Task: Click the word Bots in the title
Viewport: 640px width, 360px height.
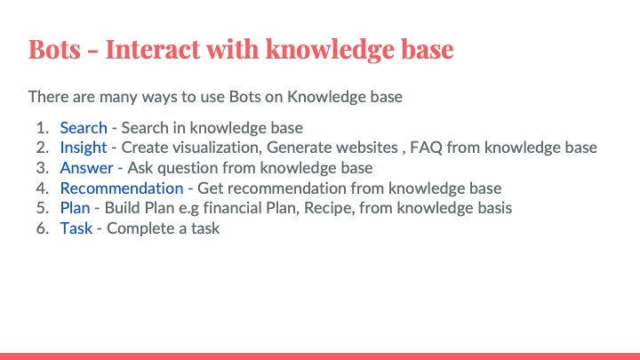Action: pyautogui.click(x=54, y=49)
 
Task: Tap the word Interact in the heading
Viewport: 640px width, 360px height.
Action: pyautogui.click(x=153, y=49)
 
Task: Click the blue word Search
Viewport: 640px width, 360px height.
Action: pyautogui.click(x=84, y=128)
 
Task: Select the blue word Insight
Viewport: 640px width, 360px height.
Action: pyautogui.click(x=84, y=148)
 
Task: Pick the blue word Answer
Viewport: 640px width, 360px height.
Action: pyautogui.click(x=86, y=168)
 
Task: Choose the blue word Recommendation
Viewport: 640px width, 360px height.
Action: pyautogui.click(x=122, y=188)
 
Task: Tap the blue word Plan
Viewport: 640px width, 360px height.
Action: pyautogui.click(x=75, y=208)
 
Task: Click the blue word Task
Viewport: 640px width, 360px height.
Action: pyautogui.click(x=76, y=228)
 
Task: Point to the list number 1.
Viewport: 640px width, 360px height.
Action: pyautogui.click(x=42, y=128)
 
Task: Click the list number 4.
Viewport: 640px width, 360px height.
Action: pyautogui.click(x=42, y=188)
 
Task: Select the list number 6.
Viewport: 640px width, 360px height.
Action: pyautogui.click(x=42, y=228)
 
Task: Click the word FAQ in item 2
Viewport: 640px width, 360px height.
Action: pyautogui.click(x=426, y=148)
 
